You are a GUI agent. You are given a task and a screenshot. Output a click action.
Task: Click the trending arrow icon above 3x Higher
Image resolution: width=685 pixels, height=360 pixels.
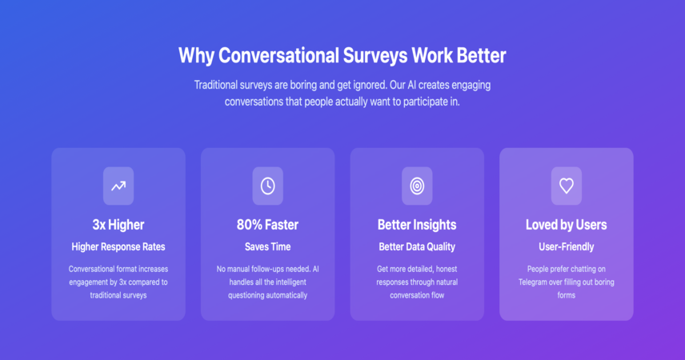(x=118, y=186)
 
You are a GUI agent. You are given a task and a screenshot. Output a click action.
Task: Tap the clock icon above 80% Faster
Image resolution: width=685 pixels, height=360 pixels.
(x=268, y=186)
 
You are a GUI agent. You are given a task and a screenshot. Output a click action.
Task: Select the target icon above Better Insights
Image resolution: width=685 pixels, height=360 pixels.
(x=417, y=186)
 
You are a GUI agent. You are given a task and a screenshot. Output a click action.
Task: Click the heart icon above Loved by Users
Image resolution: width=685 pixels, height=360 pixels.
(x=567, y=186)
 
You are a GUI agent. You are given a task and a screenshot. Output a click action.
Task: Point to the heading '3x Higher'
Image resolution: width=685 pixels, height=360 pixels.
(x=118, y=225)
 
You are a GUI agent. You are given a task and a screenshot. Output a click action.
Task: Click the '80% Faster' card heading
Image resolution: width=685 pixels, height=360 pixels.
(x=268, y=225)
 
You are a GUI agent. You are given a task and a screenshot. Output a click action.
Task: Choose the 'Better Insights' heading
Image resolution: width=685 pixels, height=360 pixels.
(x=417, y=225)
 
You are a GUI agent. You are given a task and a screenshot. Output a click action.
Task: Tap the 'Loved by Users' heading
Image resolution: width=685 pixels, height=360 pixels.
(x=567, y=225)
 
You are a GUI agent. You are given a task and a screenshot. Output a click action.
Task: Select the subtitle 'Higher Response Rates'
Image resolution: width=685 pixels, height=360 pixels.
(x=118, y=247)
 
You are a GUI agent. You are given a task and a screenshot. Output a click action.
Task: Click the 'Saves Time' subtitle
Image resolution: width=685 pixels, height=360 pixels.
(x=268, y=247)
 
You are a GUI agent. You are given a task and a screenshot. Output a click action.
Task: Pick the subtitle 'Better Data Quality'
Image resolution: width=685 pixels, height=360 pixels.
(x=417, y=247)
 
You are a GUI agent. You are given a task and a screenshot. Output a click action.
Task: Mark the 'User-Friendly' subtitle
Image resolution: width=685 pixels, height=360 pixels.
(x=567, y=247)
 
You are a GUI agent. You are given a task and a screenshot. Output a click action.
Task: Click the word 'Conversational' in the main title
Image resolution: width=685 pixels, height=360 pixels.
(x=278, y=55)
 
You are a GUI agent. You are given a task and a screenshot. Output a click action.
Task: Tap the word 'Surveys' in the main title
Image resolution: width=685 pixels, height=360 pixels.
(x=375, y=56)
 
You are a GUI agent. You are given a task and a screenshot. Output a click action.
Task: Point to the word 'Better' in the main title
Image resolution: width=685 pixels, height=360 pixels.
(x=482, y=55)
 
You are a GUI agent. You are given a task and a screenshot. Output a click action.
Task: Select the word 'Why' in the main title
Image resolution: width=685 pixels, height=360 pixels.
(x=196, y=56)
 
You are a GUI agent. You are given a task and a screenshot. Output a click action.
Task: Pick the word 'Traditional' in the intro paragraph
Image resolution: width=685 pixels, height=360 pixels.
(x=216, y=85)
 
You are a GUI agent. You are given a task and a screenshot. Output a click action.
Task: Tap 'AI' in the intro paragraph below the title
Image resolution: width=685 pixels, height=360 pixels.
(x=411, y=85)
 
